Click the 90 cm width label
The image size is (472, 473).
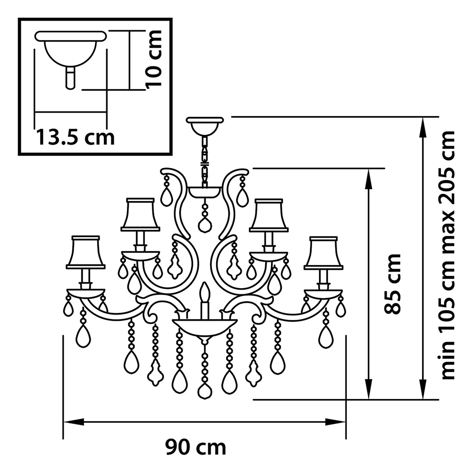pos(196,448)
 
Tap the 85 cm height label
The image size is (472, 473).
pos(392,284)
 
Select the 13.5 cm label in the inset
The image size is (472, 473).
pos(76,137)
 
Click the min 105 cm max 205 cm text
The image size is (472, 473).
pos(448,255)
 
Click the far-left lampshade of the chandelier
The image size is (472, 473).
pos(86,252)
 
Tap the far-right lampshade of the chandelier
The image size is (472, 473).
pos(323,253)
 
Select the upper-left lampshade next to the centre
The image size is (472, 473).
pos(141,215)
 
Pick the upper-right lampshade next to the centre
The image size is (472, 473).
pos(269,215)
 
